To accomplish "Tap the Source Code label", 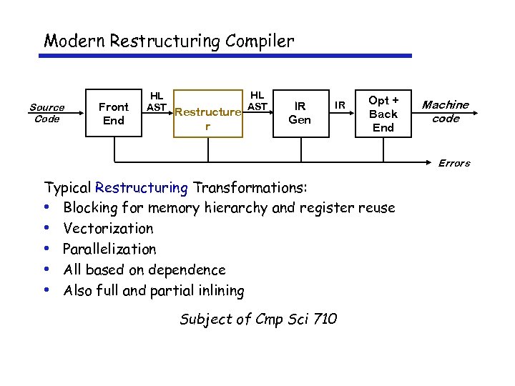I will tap(46, 113).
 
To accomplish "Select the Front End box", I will tap(114, 114).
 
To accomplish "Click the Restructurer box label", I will tap(207, 119).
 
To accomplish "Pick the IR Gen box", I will tap(299, 114).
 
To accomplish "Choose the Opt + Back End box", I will tap(383, 114).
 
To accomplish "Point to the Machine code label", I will tap(445, 112).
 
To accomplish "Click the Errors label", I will tap(454, 163).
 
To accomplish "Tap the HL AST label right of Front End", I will tap(156, 101).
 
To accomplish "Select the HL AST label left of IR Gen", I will tap(257, 101).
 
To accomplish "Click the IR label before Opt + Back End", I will tap(341, 106).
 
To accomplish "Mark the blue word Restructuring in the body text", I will tap(141, 188).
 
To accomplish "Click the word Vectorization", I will tap(108, 229).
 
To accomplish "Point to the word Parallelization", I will tap(109, 249).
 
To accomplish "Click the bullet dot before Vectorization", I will tap(46, 229).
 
